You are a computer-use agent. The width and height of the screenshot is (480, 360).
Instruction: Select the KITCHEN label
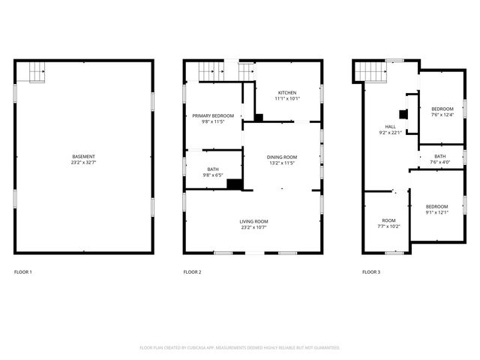(x=287, y=92)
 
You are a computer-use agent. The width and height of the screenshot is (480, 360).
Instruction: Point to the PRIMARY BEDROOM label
(x=213, y=115)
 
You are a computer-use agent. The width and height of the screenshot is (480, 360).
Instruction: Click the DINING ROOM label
(x=282, y=157)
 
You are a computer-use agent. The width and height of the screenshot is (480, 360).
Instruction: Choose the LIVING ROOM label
(x=253, y=221)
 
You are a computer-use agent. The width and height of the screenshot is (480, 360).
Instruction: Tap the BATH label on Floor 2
(x=213, y=169)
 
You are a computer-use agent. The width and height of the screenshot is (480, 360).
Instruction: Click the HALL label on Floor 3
(x=390, y=127)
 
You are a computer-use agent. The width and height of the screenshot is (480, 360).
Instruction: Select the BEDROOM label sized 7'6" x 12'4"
(x=442, y=109)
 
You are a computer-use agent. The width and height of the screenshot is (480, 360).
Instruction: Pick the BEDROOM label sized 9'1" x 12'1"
(x=436, y=206)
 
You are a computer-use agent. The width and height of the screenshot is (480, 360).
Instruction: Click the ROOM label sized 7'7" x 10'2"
(x=388, y=220)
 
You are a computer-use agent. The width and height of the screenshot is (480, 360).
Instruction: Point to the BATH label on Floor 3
(x=439, y=156)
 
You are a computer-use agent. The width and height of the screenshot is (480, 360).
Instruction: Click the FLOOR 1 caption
(x=23, y=271)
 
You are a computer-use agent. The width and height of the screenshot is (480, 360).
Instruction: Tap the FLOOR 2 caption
(x=192, y=271)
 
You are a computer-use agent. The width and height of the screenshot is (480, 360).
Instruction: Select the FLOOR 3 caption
(x=370, y=271)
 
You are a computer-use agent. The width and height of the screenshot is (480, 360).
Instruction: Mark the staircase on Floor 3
(x=370, y=71)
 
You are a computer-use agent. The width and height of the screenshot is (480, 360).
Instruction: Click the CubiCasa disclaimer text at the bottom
(x=240, y=347)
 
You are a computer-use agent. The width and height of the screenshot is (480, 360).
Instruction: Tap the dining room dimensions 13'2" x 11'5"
(x=282, y=163)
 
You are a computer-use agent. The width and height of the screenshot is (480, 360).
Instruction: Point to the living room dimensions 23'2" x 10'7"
(x=253, y=227)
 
